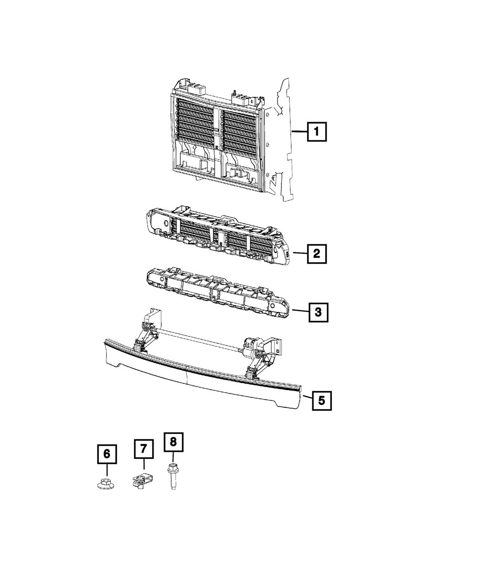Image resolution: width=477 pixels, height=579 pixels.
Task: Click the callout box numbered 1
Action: (317, 132)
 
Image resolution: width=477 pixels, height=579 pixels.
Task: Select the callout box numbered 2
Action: (317, 254)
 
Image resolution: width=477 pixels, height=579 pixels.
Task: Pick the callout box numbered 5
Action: (321, 401)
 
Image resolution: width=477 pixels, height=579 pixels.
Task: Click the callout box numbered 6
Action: (107, 454)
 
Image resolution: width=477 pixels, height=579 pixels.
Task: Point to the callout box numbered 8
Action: (173, 442)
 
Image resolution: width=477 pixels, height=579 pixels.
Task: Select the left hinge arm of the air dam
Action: (143, 334)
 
